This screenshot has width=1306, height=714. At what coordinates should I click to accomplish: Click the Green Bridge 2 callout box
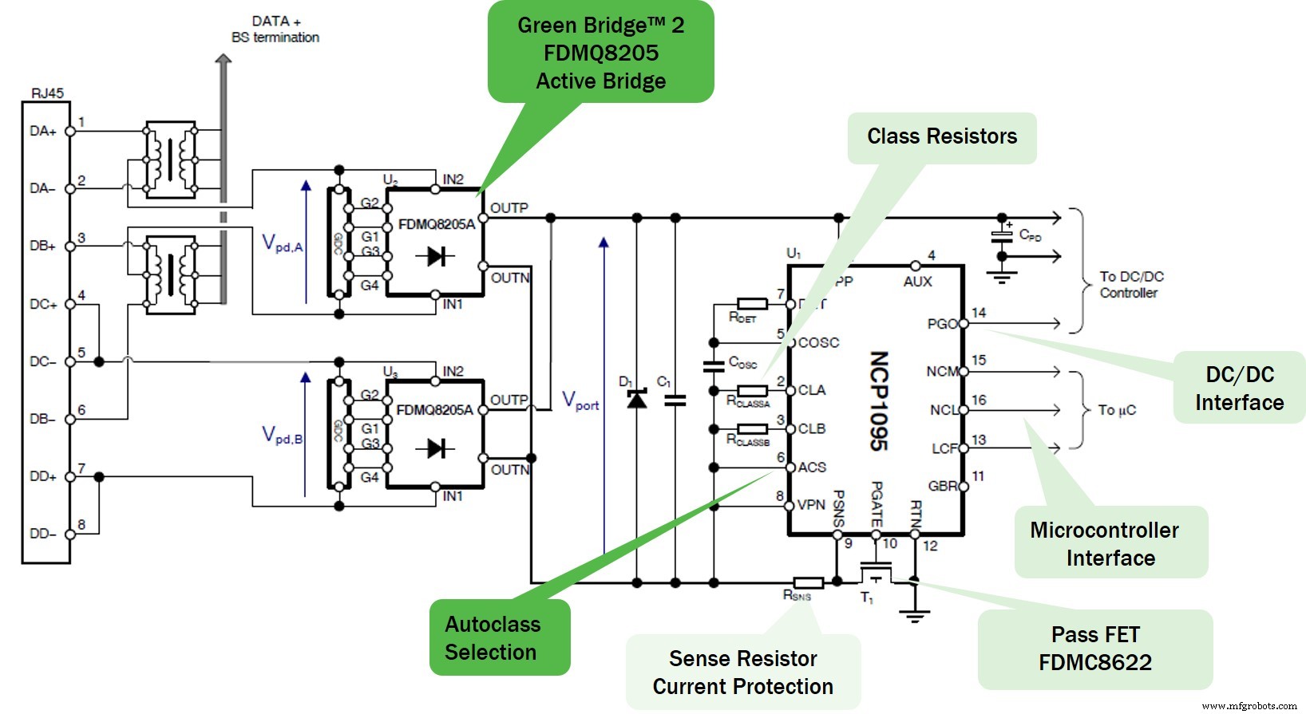tap(600, 53)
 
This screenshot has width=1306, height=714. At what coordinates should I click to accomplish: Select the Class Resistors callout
tap(942, 137)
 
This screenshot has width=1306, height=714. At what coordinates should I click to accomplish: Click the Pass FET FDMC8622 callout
tap(1094, 649)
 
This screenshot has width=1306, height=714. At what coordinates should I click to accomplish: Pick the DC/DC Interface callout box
tap(1239, 388)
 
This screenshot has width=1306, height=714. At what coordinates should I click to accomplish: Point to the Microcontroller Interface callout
tap(1110, 543)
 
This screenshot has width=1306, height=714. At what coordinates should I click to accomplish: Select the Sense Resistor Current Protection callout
tap(742, 672)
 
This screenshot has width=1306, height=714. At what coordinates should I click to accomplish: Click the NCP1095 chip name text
tap(879, 401)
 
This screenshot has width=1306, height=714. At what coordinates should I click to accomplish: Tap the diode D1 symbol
tap(636, 398)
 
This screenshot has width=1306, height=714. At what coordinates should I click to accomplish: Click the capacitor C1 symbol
tap(675, 400)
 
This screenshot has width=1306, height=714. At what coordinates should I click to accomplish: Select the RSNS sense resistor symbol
tap(808, 582)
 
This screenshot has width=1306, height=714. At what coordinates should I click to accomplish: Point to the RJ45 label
tap(47, 93)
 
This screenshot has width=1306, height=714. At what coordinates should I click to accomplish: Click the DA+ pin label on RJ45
tap(43, 131)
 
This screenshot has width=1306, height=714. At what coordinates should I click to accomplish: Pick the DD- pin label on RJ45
tap(43, 534)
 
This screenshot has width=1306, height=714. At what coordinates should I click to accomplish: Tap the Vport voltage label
tap(580, 400)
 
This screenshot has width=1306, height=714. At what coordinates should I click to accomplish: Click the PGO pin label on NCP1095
tap(942, 324)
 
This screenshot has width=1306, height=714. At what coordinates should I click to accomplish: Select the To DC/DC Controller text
tap(1131, 285)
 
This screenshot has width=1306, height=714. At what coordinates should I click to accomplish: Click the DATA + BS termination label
tap(275, 30)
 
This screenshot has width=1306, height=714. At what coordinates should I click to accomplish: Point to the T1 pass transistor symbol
tap(876, 574)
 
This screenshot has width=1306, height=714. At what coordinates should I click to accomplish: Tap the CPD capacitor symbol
tap(1001, 235)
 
